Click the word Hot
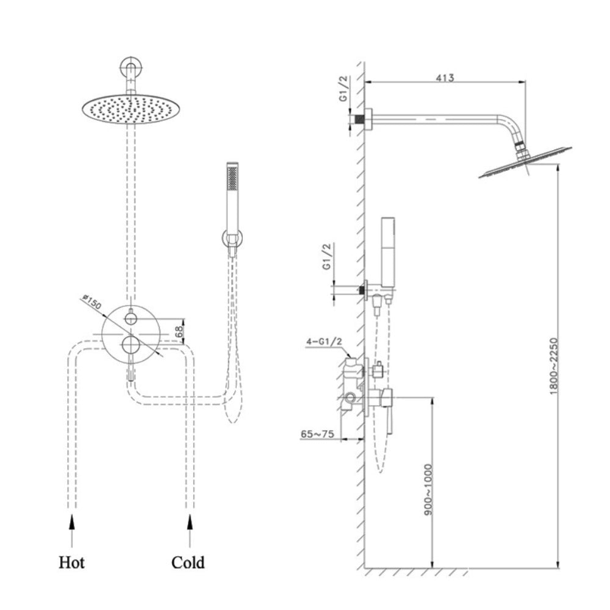tap(71, 562)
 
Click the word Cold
tap(188, 562)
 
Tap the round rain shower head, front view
tap(127, 109)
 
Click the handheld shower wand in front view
tap(232, 195)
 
